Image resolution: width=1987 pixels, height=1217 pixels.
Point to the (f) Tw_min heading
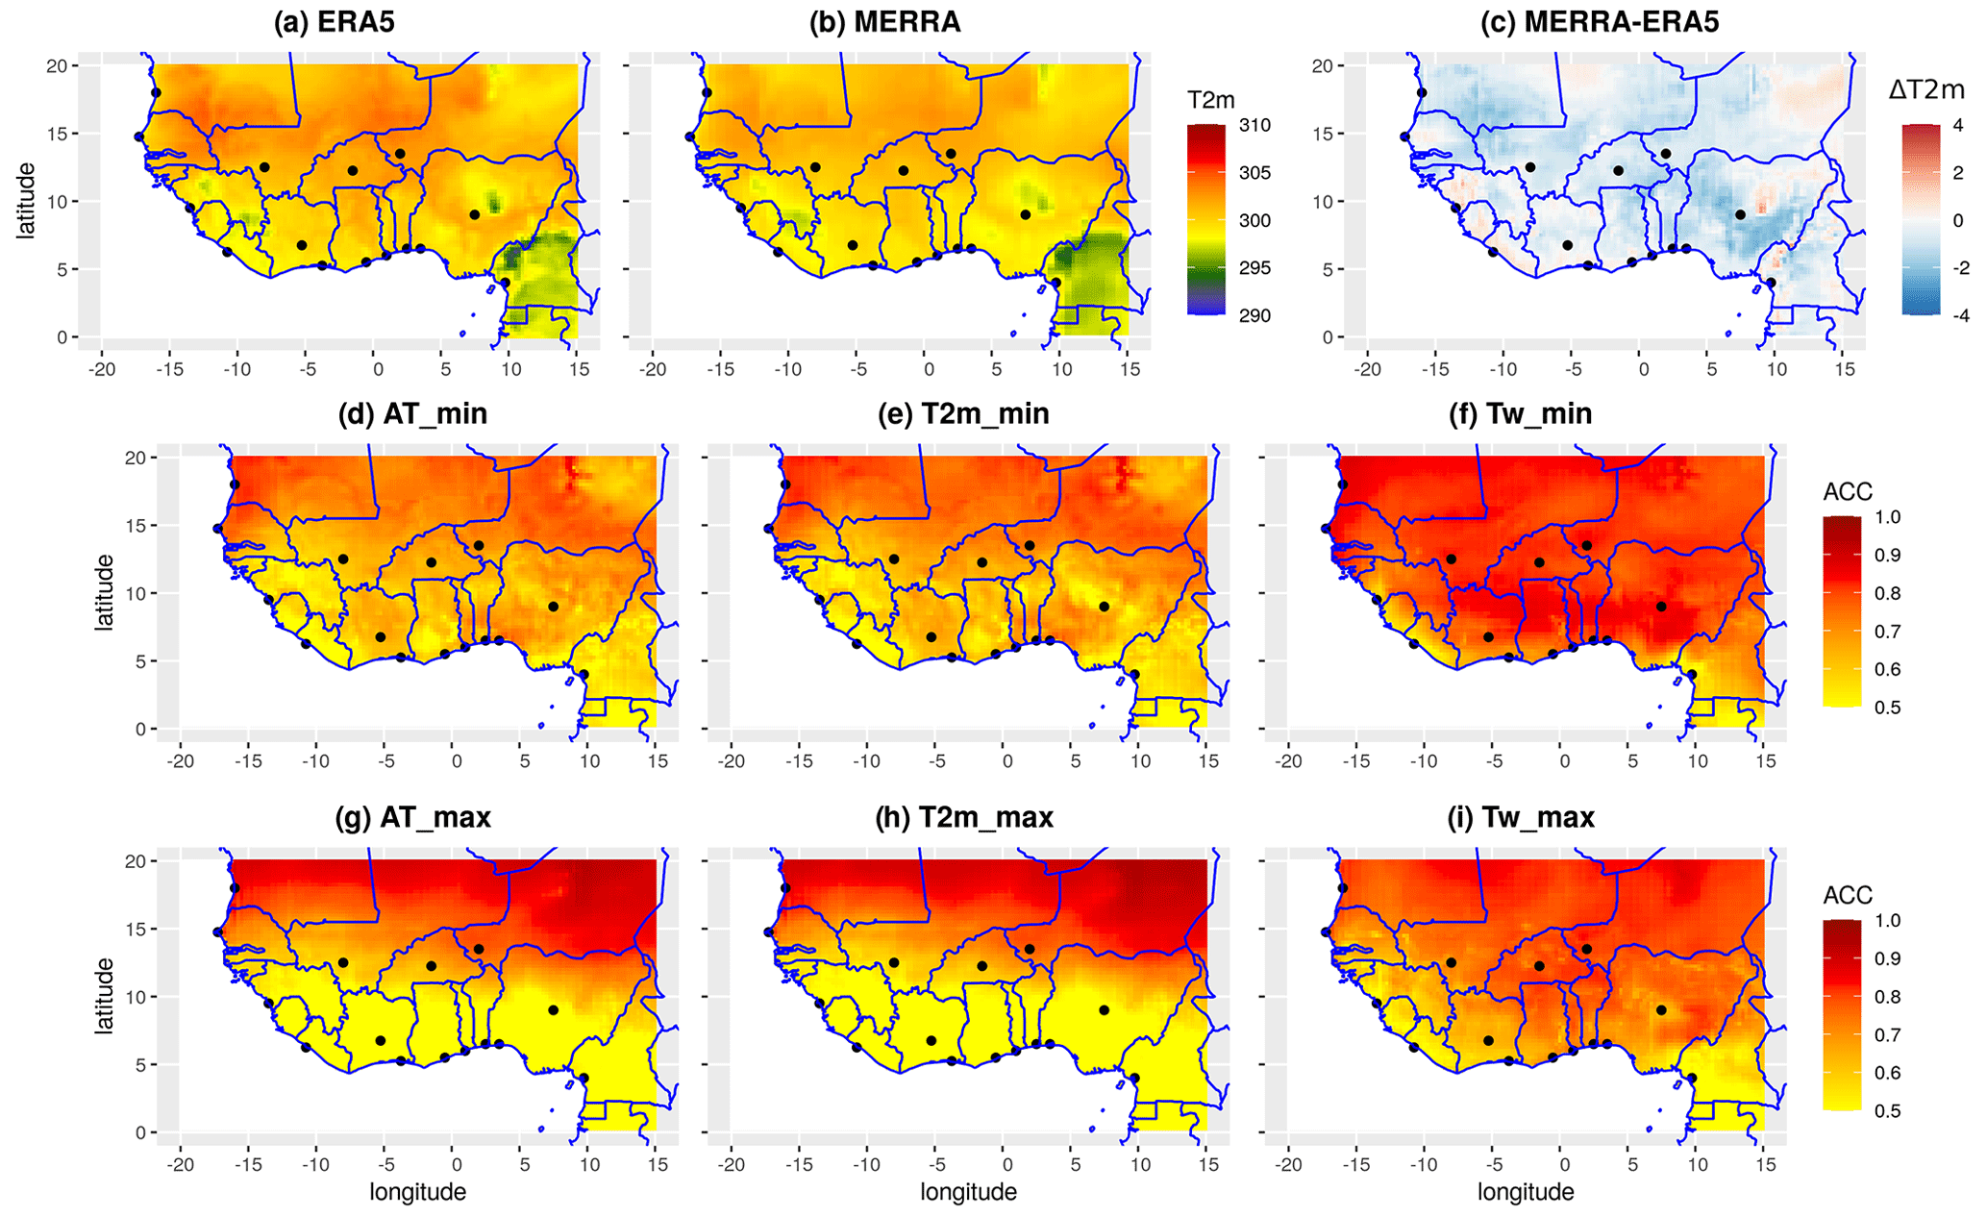click(1526, 414)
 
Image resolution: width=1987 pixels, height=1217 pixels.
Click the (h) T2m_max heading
click(964, 818)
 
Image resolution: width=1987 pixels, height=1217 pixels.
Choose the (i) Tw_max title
click(1526, 818)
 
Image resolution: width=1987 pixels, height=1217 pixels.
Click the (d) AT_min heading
click(412, 414)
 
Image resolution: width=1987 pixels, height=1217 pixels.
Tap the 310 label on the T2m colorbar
click(1255, 125)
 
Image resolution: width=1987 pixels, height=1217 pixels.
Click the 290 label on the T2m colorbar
click(1255, 316)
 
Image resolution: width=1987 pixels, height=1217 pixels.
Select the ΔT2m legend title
click(1926, 90)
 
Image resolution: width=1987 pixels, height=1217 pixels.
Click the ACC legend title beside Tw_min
click(1848, 492)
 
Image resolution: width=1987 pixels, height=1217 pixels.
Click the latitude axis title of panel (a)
click(26, 201)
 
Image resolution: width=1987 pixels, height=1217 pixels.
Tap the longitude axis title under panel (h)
click(968, 1193)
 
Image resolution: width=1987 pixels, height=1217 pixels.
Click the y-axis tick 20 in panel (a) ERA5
click(58, 65)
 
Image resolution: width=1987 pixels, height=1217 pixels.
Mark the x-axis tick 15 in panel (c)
click(1843, 369)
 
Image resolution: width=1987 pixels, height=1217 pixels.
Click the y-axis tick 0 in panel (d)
click(140, 730)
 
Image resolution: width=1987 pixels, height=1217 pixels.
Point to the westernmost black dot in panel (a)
click(139, 137)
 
